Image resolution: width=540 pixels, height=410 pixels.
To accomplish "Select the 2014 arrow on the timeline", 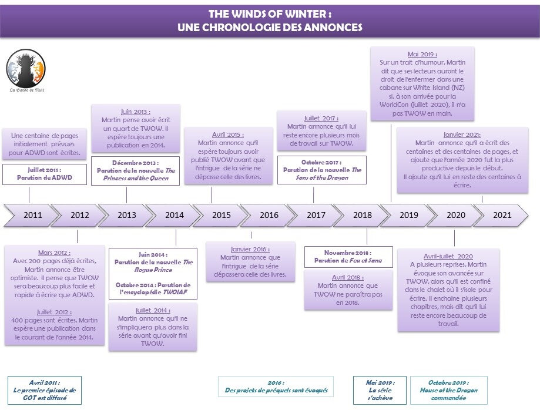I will [x=174, y=215].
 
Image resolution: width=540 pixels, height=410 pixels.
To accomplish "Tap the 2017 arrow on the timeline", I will [x=316, y=215].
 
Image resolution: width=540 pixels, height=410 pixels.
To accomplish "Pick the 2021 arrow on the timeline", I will [x=502, y=215].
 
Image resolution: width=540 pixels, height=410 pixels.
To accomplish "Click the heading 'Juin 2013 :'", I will [x=135, y=112].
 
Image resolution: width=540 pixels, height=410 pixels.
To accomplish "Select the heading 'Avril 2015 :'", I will [x=229, y=134].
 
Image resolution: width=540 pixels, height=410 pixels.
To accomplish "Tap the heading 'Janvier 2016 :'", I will [x=250, y=248].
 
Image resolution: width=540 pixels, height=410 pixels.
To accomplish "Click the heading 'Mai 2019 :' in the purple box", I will [x=422, y=54].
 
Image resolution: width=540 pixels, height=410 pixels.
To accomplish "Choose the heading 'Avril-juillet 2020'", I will [x=448, y=256].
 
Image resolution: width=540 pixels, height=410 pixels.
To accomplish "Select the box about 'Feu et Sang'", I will [x=348, y=257].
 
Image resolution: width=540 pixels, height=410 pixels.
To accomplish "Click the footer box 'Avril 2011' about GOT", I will [x=45, y=390].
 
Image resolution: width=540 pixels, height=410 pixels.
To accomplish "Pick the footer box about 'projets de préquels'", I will [x=276, y=387].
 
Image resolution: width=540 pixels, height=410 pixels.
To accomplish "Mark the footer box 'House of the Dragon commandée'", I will [x=449, y=390].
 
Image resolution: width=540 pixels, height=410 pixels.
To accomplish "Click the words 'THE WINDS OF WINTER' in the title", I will [x=269, y=14].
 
